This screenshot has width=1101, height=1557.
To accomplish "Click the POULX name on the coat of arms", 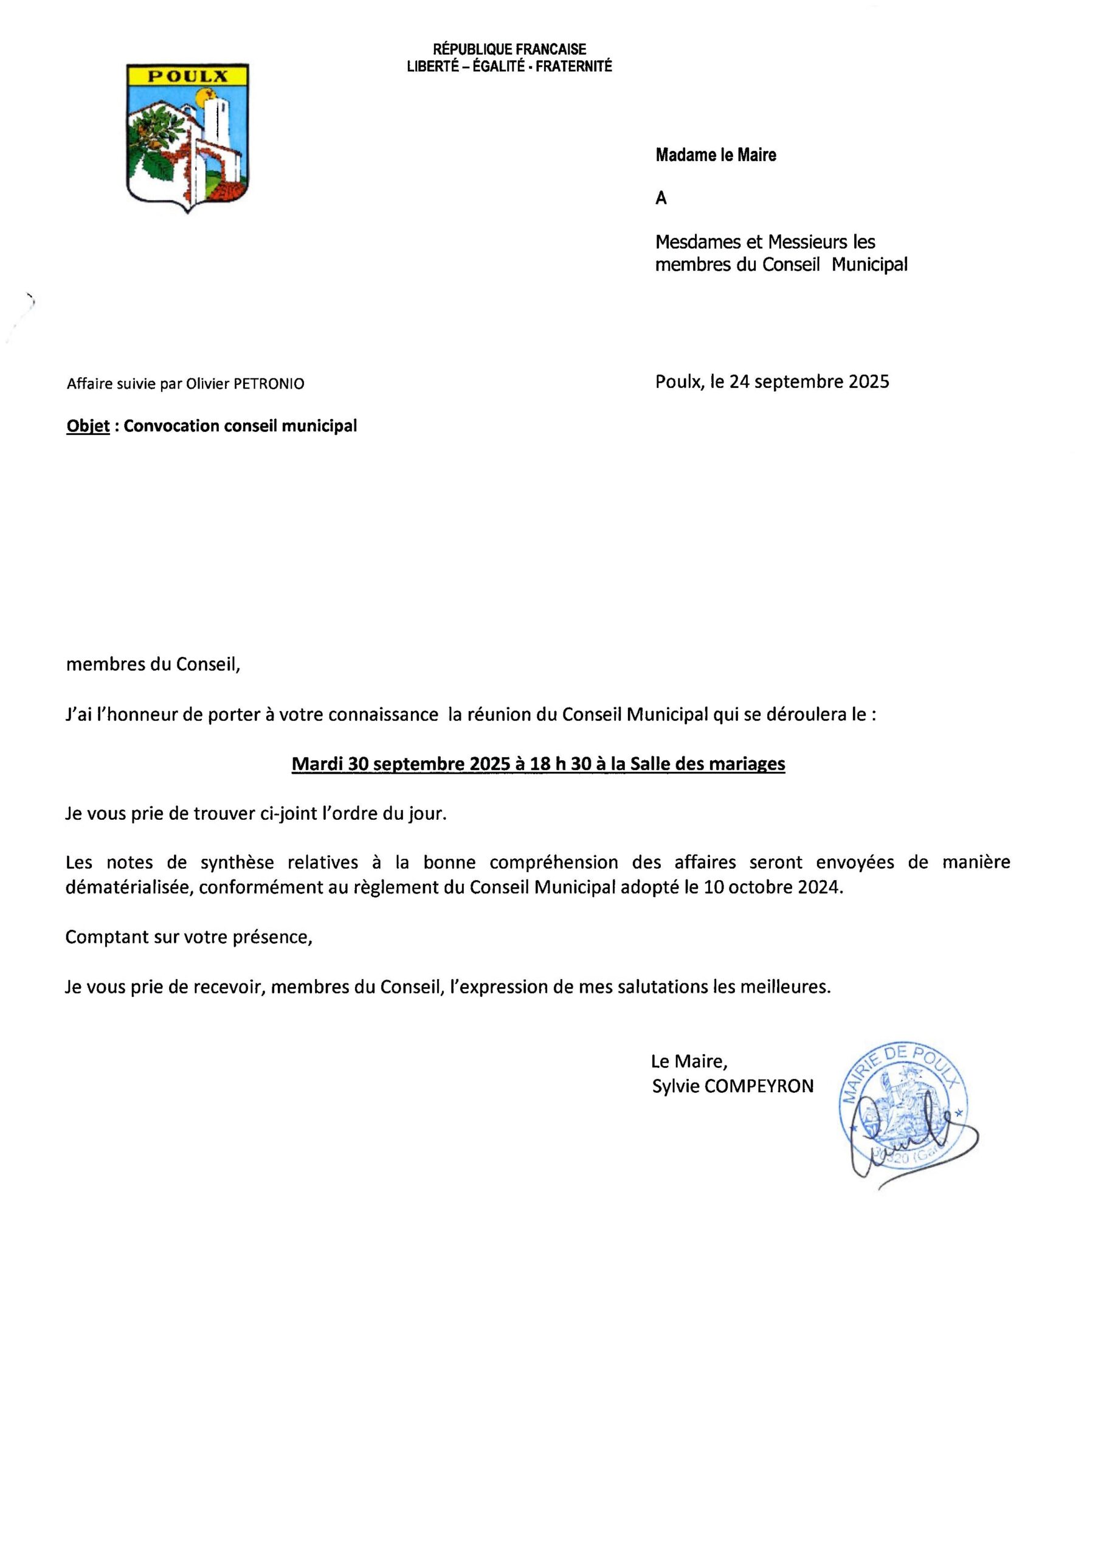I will pos(188,76).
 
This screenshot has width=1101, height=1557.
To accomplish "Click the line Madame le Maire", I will pos(715,155).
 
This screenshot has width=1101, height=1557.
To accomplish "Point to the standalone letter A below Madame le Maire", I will pos(661,199).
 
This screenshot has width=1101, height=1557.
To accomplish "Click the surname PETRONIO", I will pos(269,384).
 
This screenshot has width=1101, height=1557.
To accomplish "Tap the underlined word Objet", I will pos(88,426).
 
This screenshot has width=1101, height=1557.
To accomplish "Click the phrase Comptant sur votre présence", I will pos(188,938).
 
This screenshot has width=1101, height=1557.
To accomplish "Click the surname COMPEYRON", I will pos(759,1086).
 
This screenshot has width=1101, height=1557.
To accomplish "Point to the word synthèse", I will pos(237,862).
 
